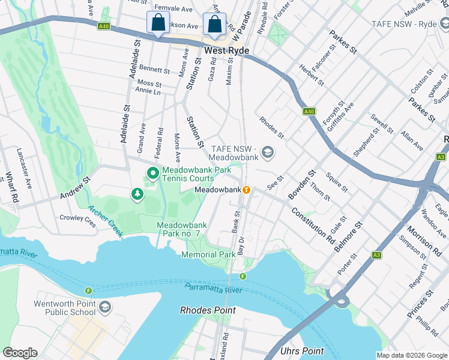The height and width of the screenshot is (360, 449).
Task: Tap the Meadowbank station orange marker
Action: click(246, 190)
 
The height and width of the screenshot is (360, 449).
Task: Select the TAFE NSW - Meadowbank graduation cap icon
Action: click(267, 153)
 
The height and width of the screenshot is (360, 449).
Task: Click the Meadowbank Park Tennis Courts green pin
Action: click(153, 175)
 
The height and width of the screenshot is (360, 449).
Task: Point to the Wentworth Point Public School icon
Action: click(106, 307)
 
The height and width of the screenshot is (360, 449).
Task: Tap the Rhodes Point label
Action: click(208, 310)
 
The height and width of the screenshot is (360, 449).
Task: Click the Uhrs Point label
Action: click(302, 351)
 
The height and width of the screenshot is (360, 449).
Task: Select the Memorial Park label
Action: click(209, 254)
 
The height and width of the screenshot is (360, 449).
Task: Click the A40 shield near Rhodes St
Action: click(309, 112)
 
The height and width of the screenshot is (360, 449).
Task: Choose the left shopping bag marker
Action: click(157, 24)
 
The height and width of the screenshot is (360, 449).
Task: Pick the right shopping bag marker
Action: click(213, 25)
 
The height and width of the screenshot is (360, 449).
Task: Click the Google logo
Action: click(20, 353)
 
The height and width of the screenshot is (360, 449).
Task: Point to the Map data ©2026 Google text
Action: click(411, 355)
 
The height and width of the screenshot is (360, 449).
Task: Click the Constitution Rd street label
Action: click(313, 221)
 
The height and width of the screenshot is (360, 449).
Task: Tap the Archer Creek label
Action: click(105, 221)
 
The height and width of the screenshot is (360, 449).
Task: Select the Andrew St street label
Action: click(74, 188)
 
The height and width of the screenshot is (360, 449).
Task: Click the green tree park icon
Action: click(138, 194)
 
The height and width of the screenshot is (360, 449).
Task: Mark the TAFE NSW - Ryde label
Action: click(418, 23)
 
